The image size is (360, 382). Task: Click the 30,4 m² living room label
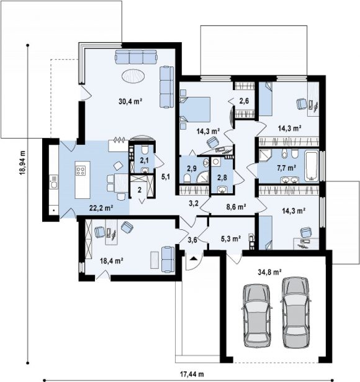pos(130,101)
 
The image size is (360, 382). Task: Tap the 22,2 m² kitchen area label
pos(101,208)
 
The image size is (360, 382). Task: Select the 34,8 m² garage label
pos(270,272)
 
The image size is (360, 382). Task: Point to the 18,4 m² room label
pos(111,261)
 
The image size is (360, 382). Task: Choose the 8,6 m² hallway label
pos(236,207)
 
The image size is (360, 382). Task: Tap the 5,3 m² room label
pos(231,239)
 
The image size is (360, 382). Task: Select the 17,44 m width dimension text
pos(192,374)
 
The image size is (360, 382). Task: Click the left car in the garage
pos(256,315)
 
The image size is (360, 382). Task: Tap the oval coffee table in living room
pos(133,76)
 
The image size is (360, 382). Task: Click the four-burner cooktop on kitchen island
pos(81,171)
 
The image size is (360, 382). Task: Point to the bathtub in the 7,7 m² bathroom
pos(312,166)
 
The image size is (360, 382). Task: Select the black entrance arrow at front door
pos(194,258)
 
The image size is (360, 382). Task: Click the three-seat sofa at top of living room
pos(136,57)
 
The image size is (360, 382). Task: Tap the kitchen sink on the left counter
pos(53,181)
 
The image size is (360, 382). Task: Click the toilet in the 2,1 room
pos(145,150)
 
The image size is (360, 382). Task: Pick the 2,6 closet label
pos(244,101)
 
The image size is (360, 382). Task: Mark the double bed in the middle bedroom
pos(195,109)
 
